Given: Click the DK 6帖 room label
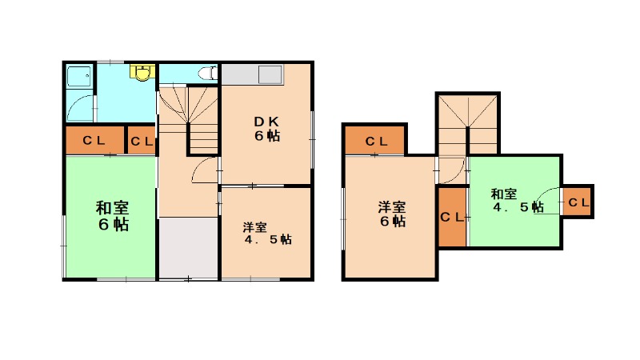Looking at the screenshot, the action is click(267, 129).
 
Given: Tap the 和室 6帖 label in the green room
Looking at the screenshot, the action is click(113, 216).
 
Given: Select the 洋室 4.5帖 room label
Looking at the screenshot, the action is click(267, 234).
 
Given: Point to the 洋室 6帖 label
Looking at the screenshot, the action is click(392, 214).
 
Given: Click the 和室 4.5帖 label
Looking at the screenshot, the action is click(518, 201).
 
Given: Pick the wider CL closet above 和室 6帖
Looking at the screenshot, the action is click(94, 141).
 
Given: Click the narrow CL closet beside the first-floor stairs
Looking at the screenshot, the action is click(142, 141).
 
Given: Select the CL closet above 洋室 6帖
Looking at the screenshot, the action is click(376, 141).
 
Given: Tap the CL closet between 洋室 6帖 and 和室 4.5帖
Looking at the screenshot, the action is click(452, 217).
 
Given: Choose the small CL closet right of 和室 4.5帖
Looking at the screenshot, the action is click(578, 202).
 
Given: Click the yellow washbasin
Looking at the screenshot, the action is click(142, 72).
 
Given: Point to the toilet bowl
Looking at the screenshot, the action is click(207, 74).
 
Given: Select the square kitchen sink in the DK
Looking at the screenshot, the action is click(270, 75).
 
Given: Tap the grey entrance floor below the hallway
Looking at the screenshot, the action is click(188, 248).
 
